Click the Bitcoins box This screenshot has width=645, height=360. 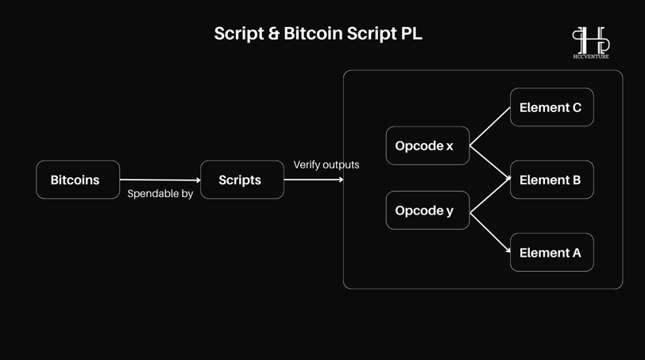(78, 180)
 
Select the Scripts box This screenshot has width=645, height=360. (241, 180)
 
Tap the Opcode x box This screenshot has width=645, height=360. (427, 145)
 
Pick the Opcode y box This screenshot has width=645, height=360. (427, 211)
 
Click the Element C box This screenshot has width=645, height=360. (551, 107)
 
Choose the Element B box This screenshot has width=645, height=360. (551, 180)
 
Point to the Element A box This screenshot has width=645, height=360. (551, 252)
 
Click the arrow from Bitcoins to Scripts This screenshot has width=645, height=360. (160, 180)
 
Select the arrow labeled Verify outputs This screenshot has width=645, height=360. (314, 180)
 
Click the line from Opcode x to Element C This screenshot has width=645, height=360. (490, 126)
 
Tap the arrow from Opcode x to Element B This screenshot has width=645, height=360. (490, 162)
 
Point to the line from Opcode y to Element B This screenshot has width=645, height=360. (490, 195)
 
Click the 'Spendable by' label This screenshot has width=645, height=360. (160, 193)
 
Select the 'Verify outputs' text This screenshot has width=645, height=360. (326, 165)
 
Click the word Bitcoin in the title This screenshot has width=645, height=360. (313, 33)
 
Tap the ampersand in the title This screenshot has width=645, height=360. (273, 33)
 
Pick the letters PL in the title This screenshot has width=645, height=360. (411, 33)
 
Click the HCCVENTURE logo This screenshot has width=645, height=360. (591, 43)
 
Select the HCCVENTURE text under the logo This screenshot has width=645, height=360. (591, 56)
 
